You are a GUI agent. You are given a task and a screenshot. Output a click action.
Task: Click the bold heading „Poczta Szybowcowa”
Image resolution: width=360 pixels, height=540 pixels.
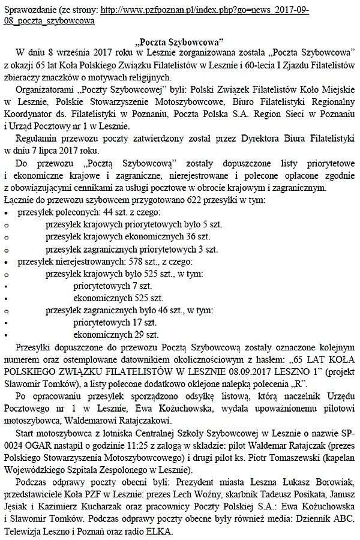point(179,43)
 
